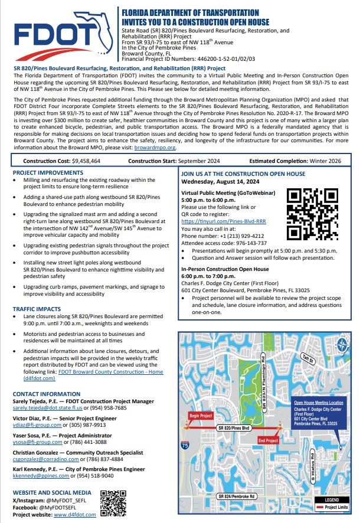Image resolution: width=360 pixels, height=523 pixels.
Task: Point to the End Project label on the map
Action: coord(269,440)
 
